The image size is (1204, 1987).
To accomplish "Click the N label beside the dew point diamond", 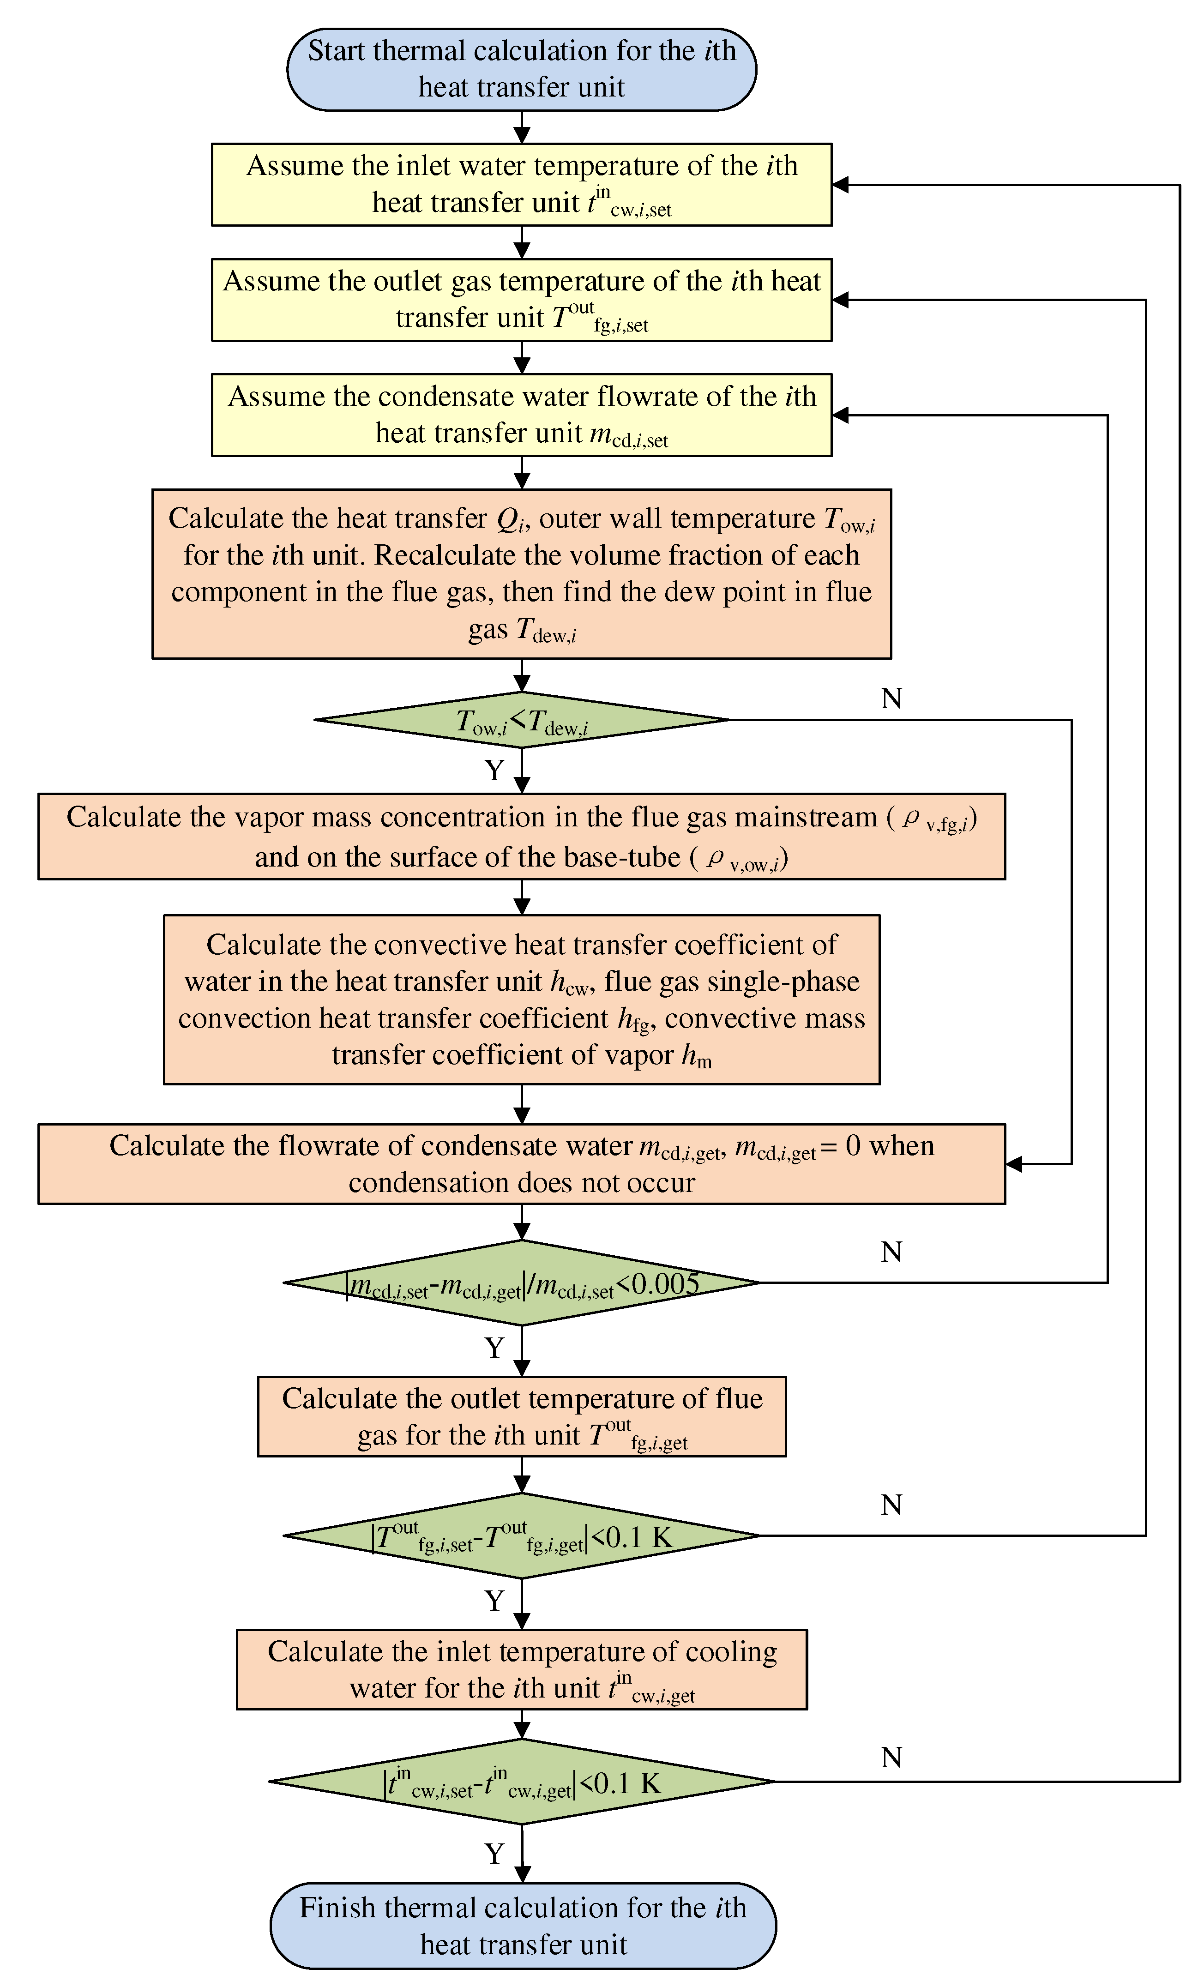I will [891, 698].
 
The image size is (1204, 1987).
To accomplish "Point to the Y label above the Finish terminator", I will [494, 1854].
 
